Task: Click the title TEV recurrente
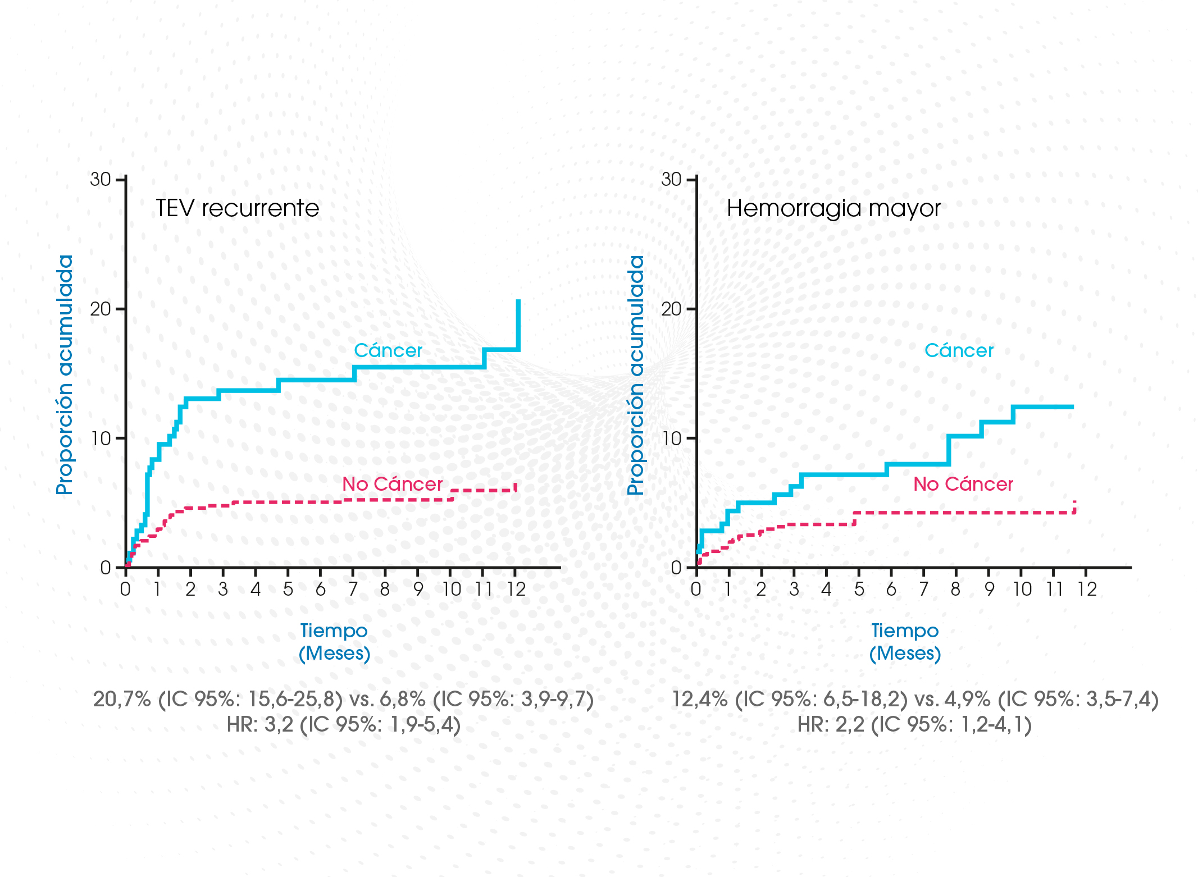[237, 208]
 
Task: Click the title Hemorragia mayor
[833, 208]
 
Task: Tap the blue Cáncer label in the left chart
[388, 350]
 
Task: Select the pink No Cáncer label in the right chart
[963, 484]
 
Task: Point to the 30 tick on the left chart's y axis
[101, 180]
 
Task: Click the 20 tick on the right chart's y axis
[671, 309]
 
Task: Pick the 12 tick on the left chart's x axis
[516, 589]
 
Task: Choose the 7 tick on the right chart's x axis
[923, 589]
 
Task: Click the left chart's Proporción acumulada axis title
[65, 374]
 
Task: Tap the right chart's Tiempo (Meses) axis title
[905, 642]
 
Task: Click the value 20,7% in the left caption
[121, 700]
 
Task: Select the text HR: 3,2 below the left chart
[260, 725]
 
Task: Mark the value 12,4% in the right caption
[699, 700]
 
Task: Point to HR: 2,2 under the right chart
[831, 725]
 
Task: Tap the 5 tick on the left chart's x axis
[288, 589]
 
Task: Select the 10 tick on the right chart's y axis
[671, 439]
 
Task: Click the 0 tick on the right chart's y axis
[676, 568]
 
